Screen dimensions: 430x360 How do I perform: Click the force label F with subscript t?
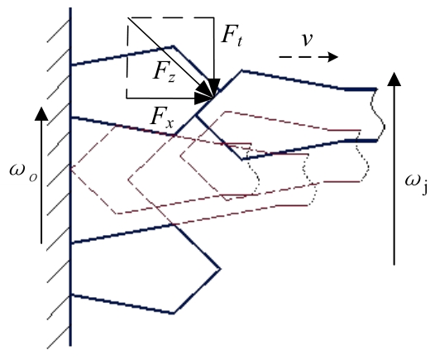click(232, 36)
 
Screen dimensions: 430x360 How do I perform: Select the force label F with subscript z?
click(164, 72)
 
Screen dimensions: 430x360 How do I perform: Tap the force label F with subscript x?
click(162, 118)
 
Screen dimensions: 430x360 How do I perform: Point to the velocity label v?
click(307, 40)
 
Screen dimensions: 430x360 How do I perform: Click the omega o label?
click(23, 171)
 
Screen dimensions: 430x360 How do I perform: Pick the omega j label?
click(417, 184)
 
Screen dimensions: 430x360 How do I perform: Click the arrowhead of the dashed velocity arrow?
click(332, 57)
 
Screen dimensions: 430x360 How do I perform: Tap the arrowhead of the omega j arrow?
click(394, 79)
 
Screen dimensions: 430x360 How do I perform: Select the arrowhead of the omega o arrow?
click(41, 113)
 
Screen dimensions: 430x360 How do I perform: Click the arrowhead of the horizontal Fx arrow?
click(203, 98)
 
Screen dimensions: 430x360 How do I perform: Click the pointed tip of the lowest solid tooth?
click(220, 269)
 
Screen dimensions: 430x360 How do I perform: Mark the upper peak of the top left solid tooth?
click(174, 46)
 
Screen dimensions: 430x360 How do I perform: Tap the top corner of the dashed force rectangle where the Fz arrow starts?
click(127, 17)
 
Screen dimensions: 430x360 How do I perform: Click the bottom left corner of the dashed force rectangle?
click(127, 98)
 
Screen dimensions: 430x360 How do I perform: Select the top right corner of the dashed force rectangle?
click(214, 17)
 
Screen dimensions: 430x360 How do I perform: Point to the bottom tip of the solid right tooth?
click(242, 160)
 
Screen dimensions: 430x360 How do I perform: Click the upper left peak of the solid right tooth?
click(241, 71)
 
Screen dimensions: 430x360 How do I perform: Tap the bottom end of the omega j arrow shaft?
click(394, 265)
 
